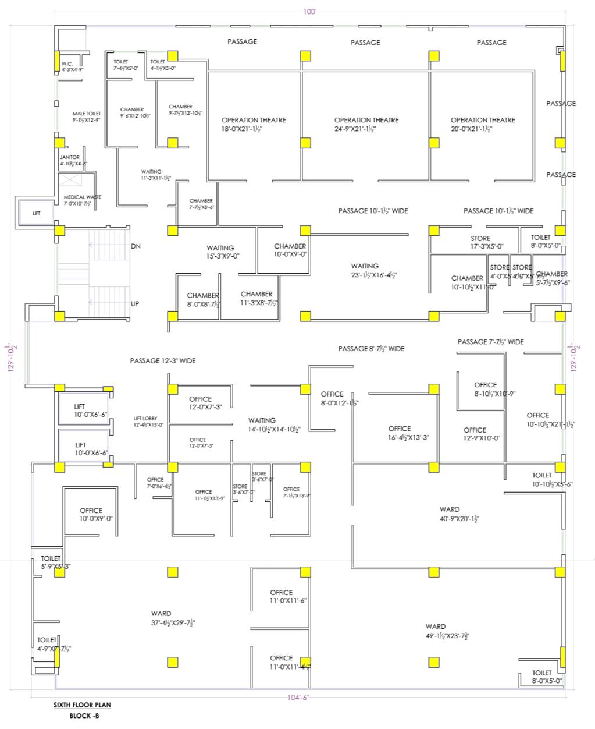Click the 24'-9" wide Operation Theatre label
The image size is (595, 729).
[x=366, y=124]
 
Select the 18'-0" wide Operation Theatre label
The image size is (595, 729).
[x=254, y=124]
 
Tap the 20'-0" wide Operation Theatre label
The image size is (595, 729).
[x=483, y=124]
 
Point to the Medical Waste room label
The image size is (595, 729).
[x=83, y=200]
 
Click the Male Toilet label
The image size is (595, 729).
[x=87, y=116]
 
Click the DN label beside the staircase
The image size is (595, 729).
[x=136, y=246]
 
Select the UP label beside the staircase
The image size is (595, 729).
[x=135, y=304]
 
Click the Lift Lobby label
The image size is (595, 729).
[x=149, y=422]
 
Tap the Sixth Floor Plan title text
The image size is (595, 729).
[x=82, y=705]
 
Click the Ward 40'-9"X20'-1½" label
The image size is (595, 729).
[x=450, y=514]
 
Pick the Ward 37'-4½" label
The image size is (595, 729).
[x=161, y=618]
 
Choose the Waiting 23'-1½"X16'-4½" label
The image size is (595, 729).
[x=365, y=270]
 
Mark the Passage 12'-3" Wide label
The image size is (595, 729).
[x=163, y=361]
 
